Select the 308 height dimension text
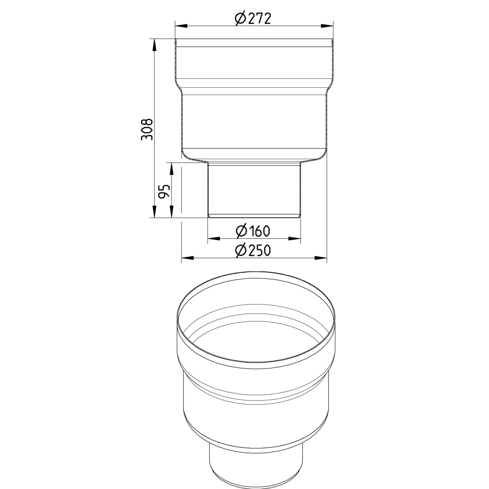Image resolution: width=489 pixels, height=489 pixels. tap(147, 129)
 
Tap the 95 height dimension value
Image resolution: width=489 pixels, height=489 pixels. tap(164, 192)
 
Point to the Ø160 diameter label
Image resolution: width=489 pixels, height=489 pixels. tap(253, 231)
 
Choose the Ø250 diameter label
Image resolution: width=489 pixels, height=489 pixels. tap(253, 250)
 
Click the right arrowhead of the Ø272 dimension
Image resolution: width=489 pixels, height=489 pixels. tap(327, 26)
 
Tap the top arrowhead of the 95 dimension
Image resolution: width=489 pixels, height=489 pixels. tap(172, 169)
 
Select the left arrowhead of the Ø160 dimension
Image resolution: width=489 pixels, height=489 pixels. tap(214, 238)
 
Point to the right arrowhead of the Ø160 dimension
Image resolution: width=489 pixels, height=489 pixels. tap(294, 238)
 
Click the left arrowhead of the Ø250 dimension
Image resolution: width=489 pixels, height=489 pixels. tap(187, 257)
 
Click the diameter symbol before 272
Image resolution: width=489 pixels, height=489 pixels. tap(240, 18)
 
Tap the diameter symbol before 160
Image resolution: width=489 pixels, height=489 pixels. tap(241, 231)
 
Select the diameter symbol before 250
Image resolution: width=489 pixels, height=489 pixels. tap(241, 251)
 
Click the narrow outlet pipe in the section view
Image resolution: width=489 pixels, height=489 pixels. tap(254, 190)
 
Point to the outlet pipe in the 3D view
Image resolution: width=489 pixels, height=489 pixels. tap(256, 465)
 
